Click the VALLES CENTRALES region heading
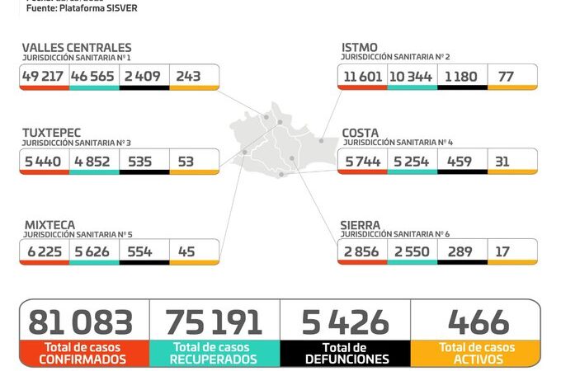pos(76,48)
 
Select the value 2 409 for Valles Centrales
pos(144,76)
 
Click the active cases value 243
pos(188,76)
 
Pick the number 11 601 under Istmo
pos(362,76)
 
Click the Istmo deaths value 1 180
pos(462,76)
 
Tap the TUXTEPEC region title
pos(54,133)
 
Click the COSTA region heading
pos(361,133)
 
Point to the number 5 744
pos(362,162)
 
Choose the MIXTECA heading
pos(49,224)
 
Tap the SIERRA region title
pos(361,224)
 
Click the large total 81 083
pos(80,322)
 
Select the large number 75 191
pos(213,322)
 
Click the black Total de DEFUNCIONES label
pos(346,354)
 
